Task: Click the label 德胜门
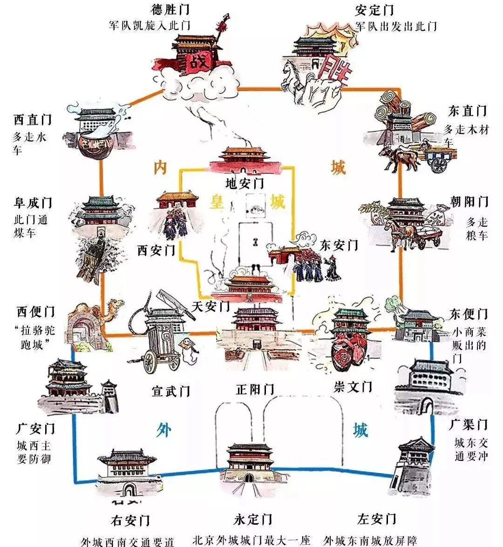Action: [x=170, y=9]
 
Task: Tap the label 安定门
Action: [x=374, y=10]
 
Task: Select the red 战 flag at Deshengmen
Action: [x=198, y=62]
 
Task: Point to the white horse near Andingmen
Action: [x=293, y=81]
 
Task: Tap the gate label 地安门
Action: [x=245, y=183]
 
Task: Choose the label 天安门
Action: [x=211, y=306]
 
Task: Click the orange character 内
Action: [x=161, y=168]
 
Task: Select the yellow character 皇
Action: [x=217, y=202]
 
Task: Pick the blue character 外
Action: [x=163, y=430]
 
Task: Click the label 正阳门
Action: [x=255, y=389]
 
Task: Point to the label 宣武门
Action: [x=170, y=391]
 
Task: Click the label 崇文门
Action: [x=353, y=386]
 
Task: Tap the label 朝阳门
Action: [x=469, y=201]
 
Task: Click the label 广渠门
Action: [x=468, y=425]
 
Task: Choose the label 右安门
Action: [x=130, y=520]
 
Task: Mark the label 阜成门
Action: [x=33, y=203]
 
